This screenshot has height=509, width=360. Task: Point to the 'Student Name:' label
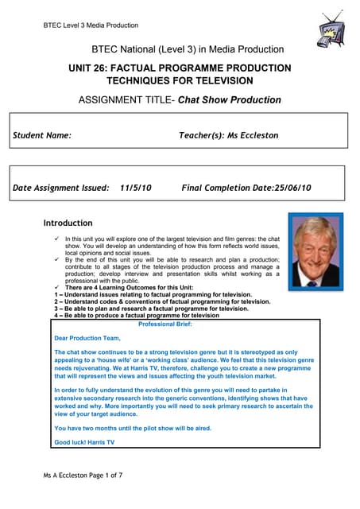point(42,136)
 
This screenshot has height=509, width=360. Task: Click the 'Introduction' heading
point(68,223)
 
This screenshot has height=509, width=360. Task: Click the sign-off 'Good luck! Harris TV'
point(83,441)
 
